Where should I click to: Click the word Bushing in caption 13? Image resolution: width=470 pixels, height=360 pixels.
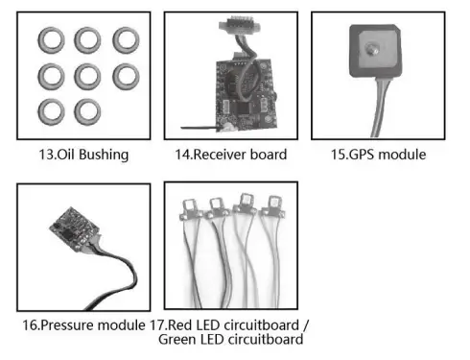pyautogui.click(x=104, y=155)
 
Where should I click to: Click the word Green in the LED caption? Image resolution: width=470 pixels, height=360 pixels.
pyautogui.click(x=177, y=339)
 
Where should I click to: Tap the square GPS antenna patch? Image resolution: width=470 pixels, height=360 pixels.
pyautogui.click(x=375, y=51)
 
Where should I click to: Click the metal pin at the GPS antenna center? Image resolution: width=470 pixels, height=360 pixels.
pyautogui.click(x=371, y=49)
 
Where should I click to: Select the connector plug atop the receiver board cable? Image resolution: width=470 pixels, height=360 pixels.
pyautogui.click(x=239, y=26)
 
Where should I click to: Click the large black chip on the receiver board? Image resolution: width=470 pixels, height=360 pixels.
pyautogui.click(x=246, y=108)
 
